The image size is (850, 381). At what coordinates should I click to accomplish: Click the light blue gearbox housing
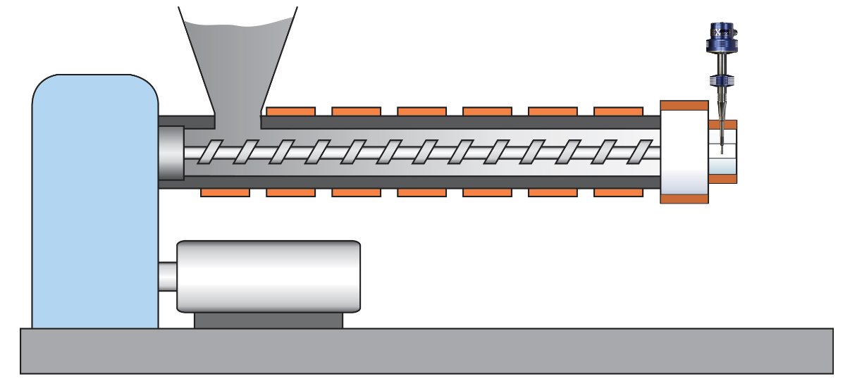coord(94,204)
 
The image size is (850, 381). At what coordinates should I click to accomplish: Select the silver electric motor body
coord(268,276)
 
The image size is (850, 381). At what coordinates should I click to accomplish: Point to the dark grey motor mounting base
coord(268,320)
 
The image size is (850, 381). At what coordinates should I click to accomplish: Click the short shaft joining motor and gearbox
coord(167,276)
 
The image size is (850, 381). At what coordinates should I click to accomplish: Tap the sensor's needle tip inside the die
coord(722,145)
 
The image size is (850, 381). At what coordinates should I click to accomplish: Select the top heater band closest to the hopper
coord(290,111)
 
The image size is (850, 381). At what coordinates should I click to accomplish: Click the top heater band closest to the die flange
coord(618,111)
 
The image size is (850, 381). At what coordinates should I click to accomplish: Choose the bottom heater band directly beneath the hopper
coord(225,192)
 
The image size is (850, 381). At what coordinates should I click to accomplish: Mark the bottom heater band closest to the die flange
coord(618,192)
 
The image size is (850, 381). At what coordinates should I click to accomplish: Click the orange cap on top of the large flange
coord(684,106)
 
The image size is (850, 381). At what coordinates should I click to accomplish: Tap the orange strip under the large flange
coord(684,199)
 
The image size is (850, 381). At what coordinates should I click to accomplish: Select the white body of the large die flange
coord(684,151)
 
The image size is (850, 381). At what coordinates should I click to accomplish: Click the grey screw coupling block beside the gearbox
coord(171,152)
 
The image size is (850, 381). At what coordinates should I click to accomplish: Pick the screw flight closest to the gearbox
coord(208,151)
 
